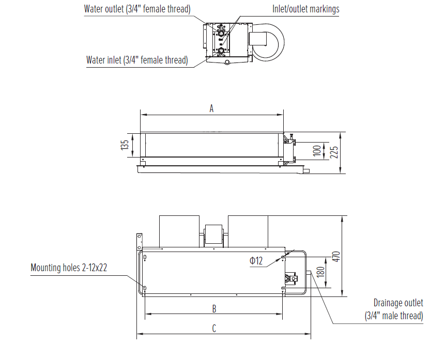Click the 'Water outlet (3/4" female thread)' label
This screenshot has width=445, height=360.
click(x=137, y=9)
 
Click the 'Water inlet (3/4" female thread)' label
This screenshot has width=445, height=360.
click(x=136, y=60)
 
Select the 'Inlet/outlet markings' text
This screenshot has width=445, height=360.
click(x=305, y=9)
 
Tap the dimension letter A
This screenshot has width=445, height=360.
click(x=211, y=108)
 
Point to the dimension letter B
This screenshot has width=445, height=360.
click(x=214, y=309)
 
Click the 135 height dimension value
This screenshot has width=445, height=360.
click(x=125, y=145)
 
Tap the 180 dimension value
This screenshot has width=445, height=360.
click(x=320, y=273)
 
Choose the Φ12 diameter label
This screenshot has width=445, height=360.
click(x=256, y=261)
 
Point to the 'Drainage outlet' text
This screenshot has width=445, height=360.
click(x=398, y=303)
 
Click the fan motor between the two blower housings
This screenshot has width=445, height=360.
click(x=214, y=234)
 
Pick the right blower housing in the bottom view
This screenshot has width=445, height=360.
click(x=248, y=231)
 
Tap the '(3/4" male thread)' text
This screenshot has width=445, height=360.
click(x=394, y=316)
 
